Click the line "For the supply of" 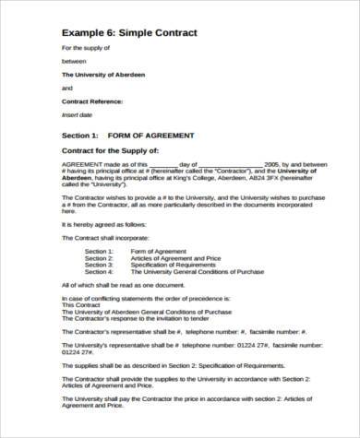click(x=86, y=47)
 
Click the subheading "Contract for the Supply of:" click(x=116, y=149)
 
